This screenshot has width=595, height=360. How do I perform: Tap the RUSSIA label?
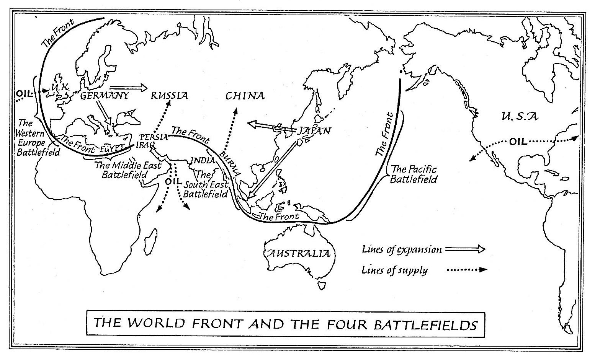(169, 96)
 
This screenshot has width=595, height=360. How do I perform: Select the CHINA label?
(245, 96)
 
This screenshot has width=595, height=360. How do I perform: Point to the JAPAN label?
(314, 131)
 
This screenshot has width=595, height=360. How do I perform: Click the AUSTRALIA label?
(298, 253)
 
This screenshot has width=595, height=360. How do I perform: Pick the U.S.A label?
(514, 116)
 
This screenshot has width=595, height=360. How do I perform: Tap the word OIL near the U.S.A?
(518, 142)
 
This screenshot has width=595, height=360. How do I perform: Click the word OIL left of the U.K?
(25, 93)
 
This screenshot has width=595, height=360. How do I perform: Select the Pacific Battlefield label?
(413, 174)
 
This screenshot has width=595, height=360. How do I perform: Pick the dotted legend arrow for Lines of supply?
(467, 270)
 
